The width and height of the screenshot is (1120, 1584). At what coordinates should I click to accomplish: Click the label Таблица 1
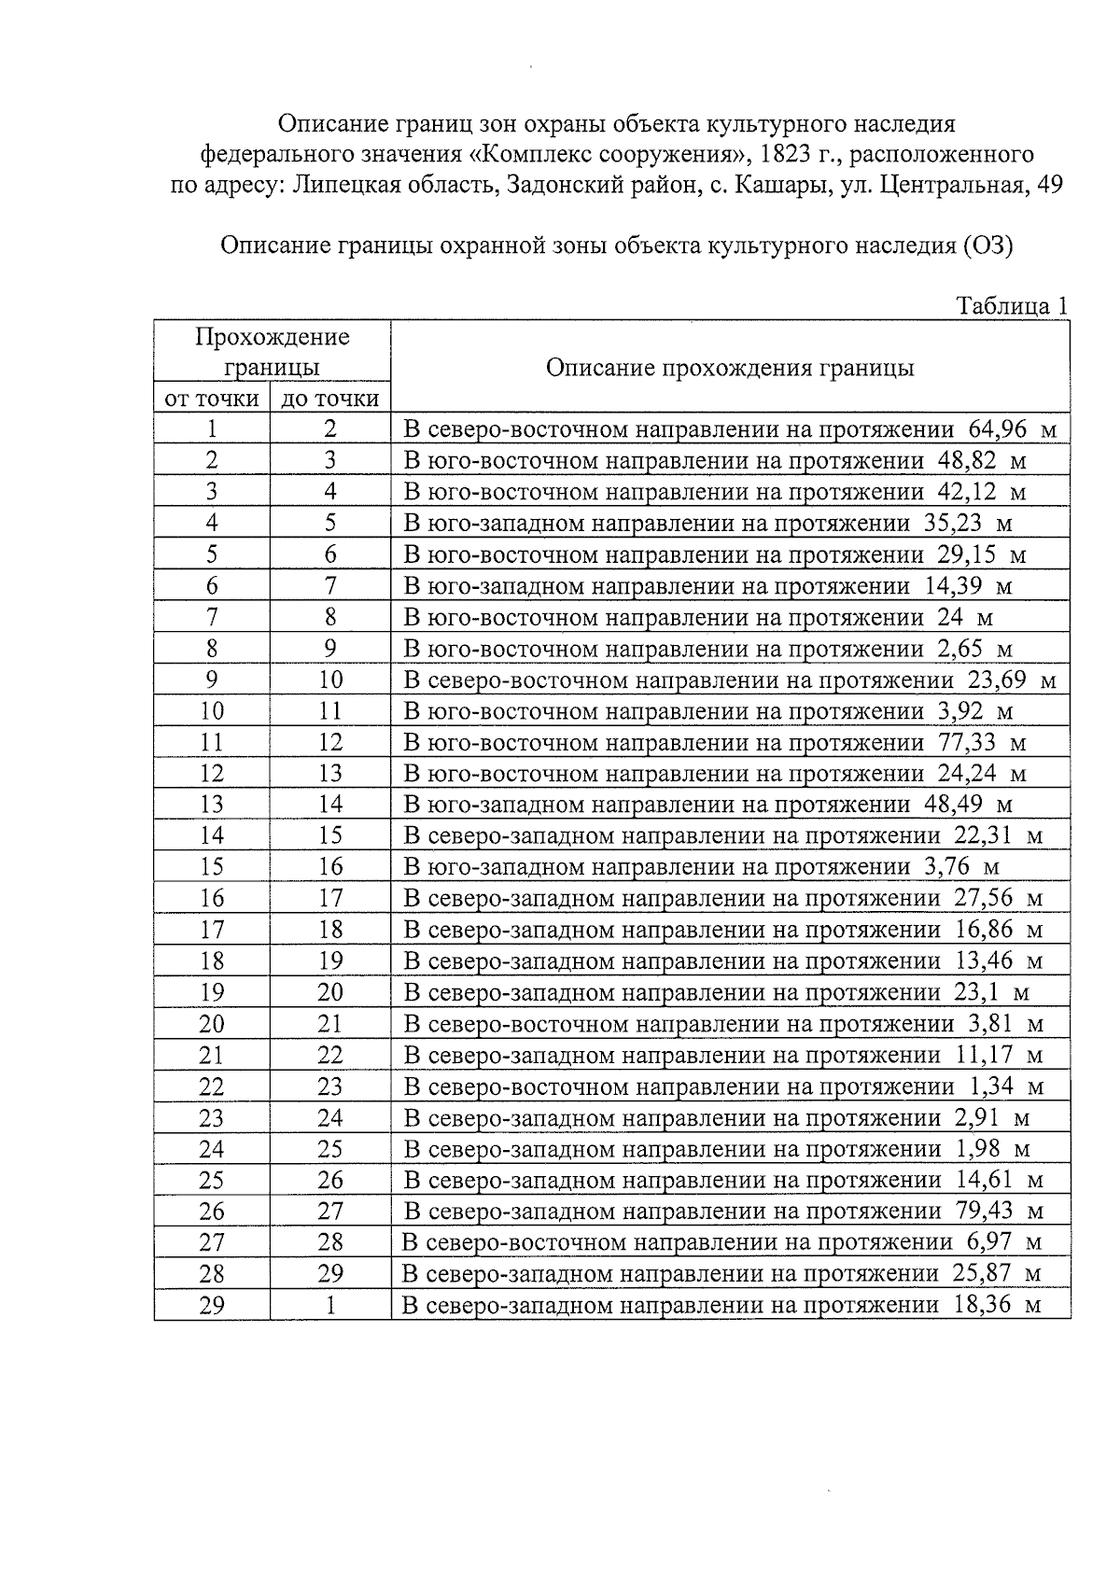coord(1012,306)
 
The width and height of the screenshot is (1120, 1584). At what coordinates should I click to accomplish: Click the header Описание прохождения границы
coord(729,368)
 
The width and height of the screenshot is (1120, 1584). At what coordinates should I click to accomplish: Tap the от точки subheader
coord(212,400)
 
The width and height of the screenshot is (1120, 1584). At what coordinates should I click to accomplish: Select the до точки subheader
coord(330,400)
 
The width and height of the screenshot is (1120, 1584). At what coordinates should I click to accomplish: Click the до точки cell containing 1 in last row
coord(330,1305)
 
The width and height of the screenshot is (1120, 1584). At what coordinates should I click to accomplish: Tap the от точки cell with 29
coord(212,1305)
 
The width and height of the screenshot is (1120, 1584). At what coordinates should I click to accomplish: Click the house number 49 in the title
coord(1050,185)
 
